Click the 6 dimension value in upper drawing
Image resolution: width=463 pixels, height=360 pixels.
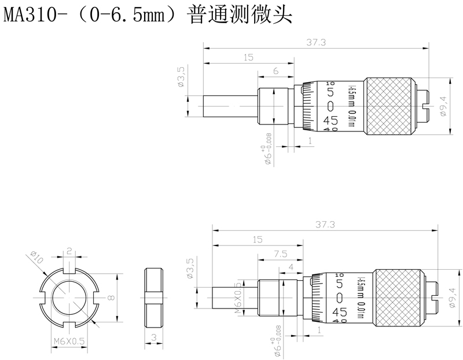click(275, 71)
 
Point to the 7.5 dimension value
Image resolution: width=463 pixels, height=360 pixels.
click(280, 253)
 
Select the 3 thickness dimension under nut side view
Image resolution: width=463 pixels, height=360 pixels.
click(153, 337)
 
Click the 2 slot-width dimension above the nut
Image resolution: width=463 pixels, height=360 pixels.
click(69, 251)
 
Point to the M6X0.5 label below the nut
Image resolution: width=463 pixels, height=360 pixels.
click(69, 341)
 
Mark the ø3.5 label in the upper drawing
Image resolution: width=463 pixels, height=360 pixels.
click(181, 77)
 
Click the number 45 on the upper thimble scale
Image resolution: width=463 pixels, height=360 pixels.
click(330, 120)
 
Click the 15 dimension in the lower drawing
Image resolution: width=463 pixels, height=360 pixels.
click(257, 238)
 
